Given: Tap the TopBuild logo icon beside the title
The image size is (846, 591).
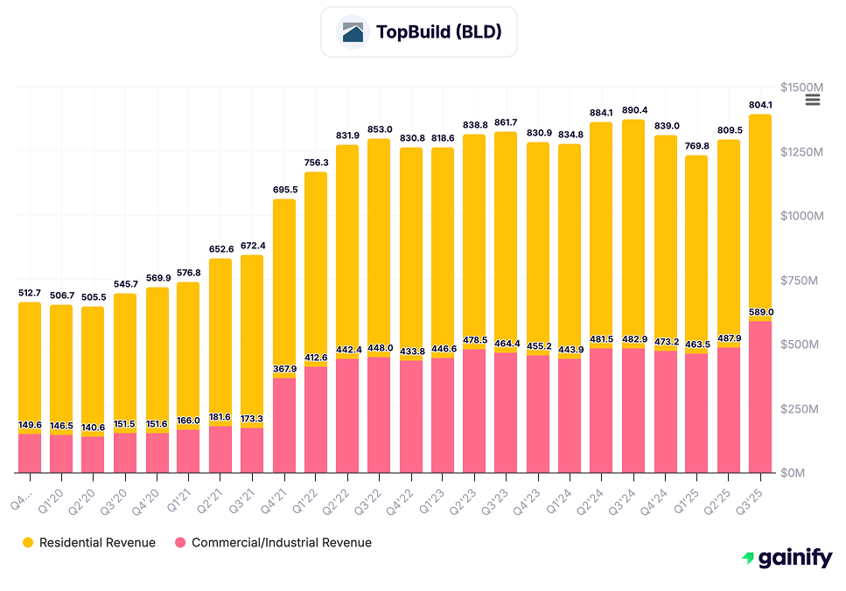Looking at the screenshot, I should pyautogui.click(x=353, y=32).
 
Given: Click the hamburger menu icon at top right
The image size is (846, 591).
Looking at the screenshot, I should pyautogui.click(x=812, y=100).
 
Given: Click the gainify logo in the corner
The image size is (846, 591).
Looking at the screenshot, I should pyautogui.click(x=787, y=559).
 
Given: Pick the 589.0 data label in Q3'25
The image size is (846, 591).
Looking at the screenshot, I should pyautogui.click(x=761, y=312).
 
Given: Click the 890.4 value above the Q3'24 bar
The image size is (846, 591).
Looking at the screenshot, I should pyautogui.click(x=633, y=110).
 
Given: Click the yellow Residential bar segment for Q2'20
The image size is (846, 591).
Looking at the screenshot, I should pyautogui.click(x=93, y=367).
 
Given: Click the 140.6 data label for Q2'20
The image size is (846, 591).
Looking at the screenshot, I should pyautogui.click(x=93, y=428).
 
